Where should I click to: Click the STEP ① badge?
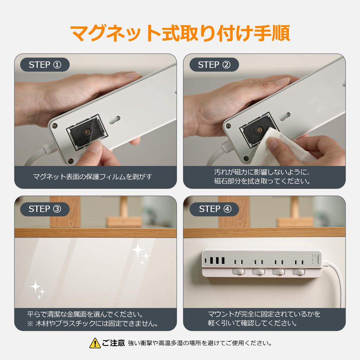pyautogui.click(x=45, y=65)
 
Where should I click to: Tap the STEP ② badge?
pyautogui.click(x=214, y=65)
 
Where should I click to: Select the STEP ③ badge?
pyautogui.click(x=45, y=209)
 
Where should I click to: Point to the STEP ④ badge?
pyautogui.click(x=214, y=209)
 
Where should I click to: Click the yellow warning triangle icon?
pyautogui.click(x=95, y=343)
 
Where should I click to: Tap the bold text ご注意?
pyautogui.click(x=113, y=343)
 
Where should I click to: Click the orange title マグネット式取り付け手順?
pyautogui.click(x=180, y=33)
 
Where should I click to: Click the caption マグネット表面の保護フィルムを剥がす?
pyautogui.click(x=92, y=176)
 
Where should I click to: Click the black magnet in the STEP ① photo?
pyautogui.click(x=86, y=133)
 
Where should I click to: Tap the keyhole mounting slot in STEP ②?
pyautogui.click(x=285, y=116)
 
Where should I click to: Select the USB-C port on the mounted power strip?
pyautogui.click(x=206, y=261)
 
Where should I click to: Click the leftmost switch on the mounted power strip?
pyautogui.click(x=239, y=272)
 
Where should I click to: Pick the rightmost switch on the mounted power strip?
pyautogui.click(x=299, y=272)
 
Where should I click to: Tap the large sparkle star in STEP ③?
pyautogui.click(x=137, y=250)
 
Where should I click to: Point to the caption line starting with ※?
pyautogui.click(x=93, y=323)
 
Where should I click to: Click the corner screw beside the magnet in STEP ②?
pyautogui.click(x=228, y=126)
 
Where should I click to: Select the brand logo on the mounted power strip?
pyautogui.click(x=318, y=259)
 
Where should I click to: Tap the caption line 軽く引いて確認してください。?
pyautogui.click(x=252, y=323)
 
